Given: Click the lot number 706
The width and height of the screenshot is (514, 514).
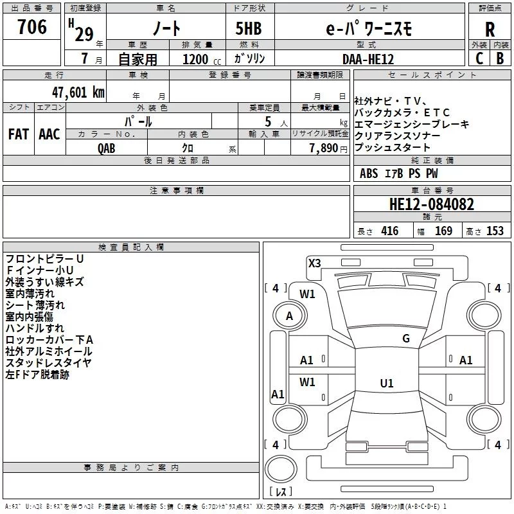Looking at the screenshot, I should coord(32,27).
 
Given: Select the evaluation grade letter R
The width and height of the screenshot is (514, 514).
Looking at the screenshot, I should coord(490,29).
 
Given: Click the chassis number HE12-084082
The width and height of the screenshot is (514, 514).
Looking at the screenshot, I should coord(432,204).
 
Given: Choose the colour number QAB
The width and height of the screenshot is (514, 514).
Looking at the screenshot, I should coord(107,148).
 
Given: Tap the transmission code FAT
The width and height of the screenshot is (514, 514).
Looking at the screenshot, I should coord(18,134).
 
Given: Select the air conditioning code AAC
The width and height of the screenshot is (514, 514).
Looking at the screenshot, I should coord(49,134).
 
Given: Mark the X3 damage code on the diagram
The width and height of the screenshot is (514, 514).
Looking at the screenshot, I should coord(315,263).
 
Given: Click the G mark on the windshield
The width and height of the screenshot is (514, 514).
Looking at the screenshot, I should coord(405,339).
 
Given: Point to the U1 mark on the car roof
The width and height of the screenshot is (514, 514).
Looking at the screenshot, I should coord(386,383).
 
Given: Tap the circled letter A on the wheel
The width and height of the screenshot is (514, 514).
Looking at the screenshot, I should coord(289,315).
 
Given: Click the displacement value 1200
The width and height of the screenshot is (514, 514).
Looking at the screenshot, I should coord(195,59).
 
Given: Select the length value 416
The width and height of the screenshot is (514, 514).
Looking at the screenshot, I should coord(389,231).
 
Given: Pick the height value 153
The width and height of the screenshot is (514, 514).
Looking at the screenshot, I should coord(495,231).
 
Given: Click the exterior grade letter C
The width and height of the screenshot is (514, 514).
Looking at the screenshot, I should coord(479,58).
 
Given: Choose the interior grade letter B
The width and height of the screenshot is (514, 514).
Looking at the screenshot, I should coord(501,58).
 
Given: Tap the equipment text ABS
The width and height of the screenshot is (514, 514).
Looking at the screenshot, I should coord(369,173).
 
